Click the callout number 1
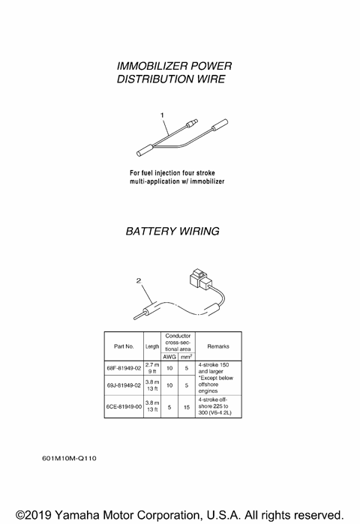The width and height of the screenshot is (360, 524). [161, 115]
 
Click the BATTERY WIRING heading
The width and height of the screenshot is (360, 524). [172, 232]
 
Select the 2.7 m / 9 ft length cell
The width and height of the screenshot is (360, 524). [151, 368]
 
